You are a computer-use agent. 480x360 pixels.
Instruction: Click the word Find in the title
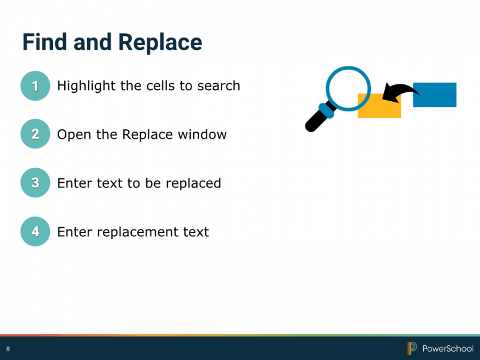pyautogui.click(x=44, y=42)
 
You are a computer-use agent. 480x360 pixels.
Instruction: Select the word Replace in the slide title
pyautogui.click(x=160, y=43)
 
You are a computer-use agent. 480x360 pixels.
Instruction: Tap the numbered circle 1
pyautogui.click(x=35, y=85)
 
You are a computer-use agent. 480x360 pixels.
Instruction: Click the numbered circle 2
pyautogui.click(x=35, y=134)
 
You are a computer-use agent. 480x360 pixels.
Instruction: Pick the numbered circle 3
pyautogui.click(x=35, y=182)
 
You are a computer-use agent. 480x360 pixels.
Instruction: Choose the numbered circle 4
pyautogui.click(x=35, y=231)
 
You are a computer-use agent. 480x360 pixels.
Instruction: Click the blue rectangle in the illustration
pyautogui.click(x=434, y=95)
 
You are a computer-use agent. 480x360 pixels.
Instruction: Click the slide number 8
pyautogui.click(x=8, y=349)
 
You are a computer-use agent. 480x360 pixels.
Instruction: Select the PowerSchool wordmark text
pyautogui.click(x=448, y=348)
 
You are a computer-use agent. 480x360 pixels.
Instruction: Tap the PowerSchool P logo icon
pyautogui.click(x=412, y=348)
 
